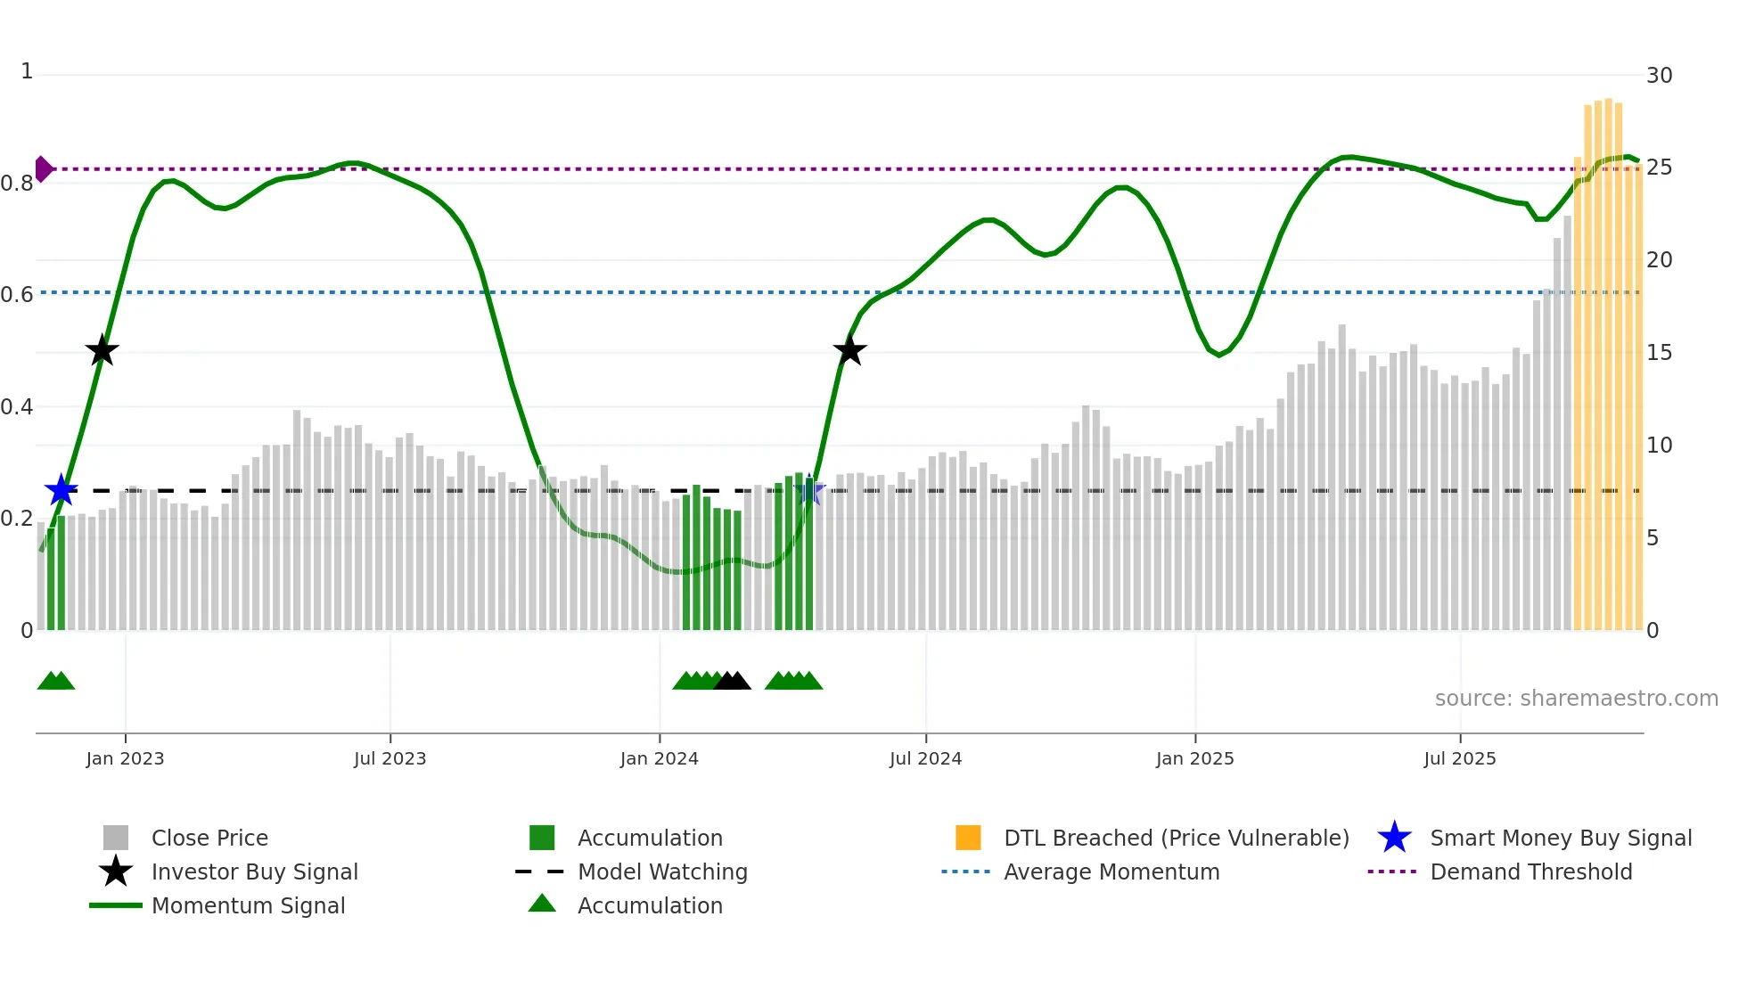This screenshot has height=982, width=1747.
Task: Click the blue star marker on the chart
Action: pyautogui.click(x=62, y=490)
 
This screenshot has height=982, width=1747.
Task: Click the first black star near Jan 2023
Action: pyautogui.click(x=102, y=351)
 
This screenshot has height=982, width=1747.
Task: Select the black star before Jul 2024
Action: pyautogui.click(x=849, y=351)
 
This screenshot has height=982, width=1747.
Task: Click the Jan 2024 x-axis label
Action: pyautogui.click(x=659, y=758)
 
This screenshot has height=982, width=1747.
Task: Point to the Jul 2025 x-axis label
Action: pyautogui.click(x=1459, y=758)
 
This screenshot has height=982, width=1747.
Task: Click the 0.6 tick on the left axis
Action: pyautogui.click(x=18, y=294)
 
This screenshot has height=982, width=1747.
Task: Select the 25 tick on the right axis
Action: pyautogui.click(x=1659, y=168)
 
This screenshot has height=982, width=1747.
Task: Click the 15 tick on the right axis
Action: pyautogui.click(x=1659, y=353)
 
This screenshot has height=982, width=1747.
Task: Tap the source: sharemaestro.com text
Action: pyautogui.click(x=1576, y=699)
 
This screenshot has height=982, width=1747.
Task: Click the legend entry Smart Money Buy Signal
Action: pyautogui.click(x=1560, y=838)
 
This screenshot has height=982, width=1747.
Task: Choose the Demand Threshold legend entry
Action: pyautogui.click(x=1530, y=872)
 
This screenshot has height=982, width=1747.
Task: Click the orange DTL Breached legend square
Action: pyautogui.click(x=968, y=838)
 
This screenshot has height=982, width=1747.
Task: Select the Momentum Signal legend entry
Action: pyautogui.click(x=248, y=905)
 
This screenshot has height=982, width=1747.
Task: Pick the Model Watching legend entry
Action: pyautogui.click(x=662, y=872)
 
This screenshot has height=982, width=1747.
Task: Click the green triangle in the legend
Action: pyautogui.click(x=542, y=904)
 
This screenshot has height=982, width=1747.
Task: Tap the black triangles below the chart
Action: pyautogui.click(x=733, y=682)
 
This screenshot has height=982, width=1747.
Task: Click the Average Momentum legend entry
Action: pyautogui.click(x=1111, y=872)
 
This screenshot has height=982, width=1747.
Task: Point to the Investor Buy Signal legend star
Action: pyautogui.click(x=116, y=872)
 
